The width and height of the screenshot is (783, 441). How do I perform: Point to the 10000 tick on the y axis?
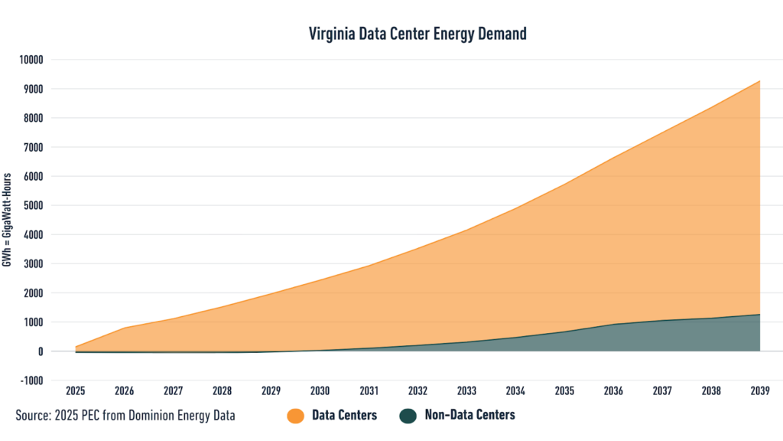pos(34,60)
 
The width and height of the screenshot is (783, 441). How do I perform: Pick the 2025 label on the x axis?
pos(76,391)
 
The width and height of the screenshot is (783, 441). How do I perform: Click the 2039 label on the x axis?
pos(759,391)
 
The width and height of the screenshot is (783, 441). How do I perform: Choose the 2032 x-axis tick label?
pos(417,391)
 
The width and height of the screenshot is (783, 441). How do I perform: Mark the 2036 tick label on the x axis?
pos(613,391)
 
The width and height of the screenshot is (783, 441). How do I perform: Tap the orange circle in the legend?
pos(295,415)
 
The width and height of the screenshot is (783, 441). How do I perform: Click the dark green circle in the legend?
pos(408,415)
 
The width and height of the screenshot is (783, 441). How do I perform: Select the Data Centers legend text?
pos(344,415)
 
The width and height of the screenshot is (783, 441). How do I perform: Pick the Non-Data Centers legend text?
pos(469,415)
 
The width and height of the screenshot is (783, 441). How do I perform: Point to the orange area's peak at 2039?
pos(759,80)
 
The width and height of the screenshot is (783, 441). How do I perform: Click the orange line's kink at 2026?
pos(125,328)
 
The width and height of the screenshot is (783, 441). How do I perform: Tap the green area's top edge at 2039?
pos(759,315)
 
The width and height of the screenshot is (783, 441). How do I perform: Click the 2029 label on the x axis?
pos(271,391)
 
